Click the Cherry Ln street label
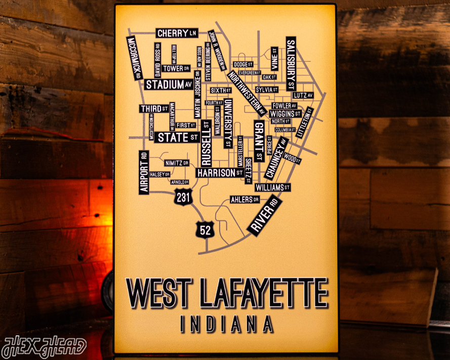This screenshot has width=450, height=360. (176, 33)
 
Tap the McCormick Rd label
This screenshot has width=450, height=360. (135, 58)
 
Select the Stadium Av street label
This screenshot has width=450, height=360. (169, 85)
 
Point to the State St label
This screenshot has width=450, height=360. (178, 137)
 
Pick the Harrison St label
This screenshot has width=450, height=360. (220, 173)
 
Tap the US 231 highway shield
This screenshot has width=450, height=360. (183, 197)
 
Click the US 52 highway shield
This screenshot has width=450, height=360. (205, 230)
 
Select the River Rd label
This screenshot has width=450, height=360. (264, 216)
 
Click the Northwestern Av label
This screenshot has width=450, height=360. (247, 93)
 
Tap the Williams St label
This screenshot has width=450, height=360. (272, 188)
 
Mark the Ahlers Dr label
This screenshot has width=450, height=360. (242, 200)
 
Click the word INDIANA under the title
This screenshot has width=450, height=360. (227, 324)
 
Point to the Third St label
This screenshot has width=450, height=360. (154, 109)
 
